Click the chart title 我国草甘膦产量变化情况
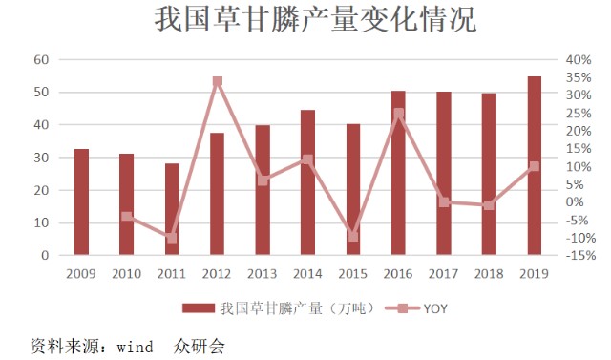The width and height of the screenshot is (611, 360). click(x=315, y=19)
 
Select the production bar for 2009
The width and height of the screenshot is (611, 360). click(x=81, y=201)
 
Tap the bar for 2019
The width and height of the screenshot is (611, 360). click(x=535, y=165)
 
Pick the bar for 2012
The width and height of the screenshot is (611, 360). click(x=217, y=194)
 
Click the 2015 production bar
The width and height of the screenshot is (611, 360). click(x=353, y=189)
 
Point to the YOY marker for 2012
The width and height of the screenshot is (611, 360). click(x=218, y=81)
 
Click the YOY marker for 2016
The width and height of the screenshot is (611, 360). click(x=399, y=114)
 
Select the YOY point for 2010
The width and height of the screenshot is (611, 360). click(x=127, y=216)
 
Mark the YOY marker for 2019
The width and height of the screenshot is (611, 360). click(x=535, y=167)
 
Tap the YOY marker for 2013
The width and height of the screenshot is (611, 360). click(x=263, y=180)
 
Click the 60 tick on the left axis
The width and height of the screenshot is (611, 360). click(x=41, y=59)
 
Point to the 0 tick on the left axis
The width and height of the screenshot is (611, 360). click(x=45, y=256)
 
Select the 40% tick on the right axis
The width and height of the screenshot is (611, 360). click(x=579, y=59)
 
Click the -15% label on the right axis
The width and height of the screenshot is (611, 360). click(x=581, y=256)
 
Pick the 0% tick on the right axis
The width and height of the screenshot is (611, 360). click(x=575, y=201)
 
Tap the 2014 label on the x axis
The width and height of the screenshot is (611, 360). click(x=307, y=274)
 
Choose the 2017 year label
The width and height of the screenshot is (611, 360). click(x=443, y=274)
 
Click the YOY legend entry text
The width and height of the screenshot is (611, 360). click(x=435, y=308)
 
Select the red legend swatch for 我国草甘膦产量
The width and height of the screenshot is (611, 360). click(x=199, y=308)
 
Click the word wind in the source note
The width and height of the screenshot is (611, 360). click(x=135, y=347)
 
